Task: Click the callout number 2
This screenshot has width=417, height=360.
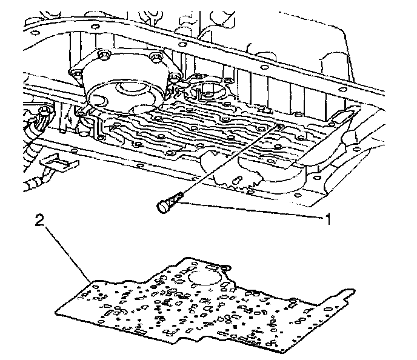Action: [x=39, y=222]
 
